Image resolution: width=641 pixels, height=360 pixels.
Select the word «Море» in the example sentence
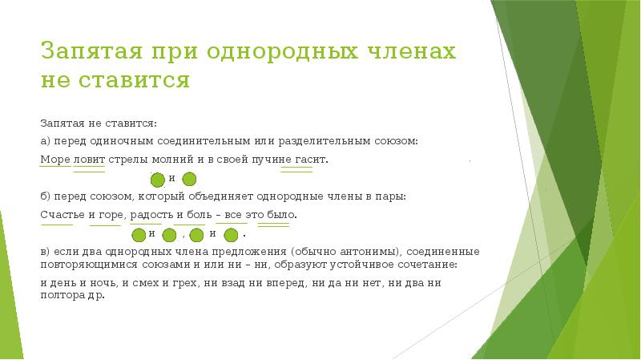pyautogui.click(x=55, y=160)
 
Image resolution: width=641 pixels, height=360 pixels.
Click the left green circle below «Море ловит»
pyautogui.click(x=159, y=179)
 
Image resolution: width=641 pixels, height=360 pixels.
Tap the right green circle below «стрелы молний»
pyautogui.click(x=190, y=179)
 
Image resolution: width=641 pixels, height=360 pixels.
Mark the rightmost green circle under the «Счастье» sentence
pyautogui.click(x=231, y=235)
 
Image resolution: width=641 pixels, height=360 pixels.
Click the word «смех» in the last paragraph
pyautogui.click(x=124, y=282)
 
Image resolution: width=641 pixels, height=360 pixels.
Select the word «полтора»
pyautogui.click(x=61, y=294)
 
